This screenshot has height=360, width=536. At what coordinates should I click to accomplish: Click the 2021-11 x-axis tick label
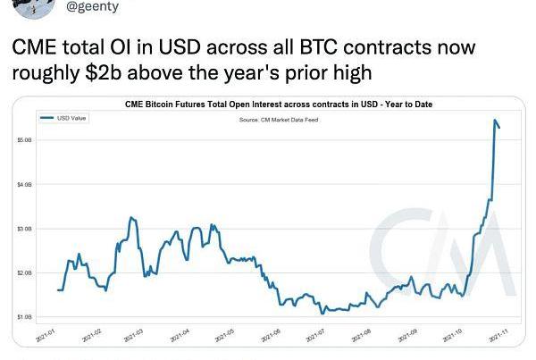(x=498, y=336)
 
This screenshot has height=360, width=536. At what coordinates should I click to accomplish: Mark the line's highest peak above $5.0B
(x=495, y=120)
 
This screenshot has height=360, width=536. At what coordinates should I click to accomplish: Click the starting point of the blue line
(x=57, y=290)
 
